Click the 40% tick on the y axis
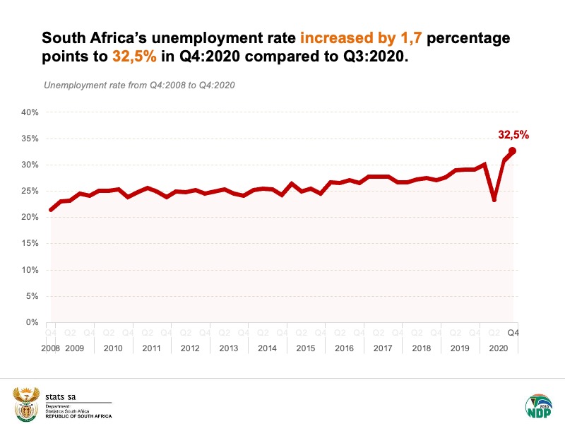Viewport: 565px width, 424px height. pyautogui.click(x=29, y=112)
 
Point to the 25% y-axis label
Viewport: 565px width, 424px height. pyautogui.click(x=29, y=191)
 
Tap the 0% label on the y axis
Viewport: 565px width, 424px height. pyautogui.click(x=32, y=322)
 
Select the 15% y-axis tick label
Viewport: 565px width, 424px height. pyautogui.click(x=29, y=244)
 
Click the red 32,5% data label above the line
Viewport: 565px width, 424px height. pyautogui.click(x=513, y=134)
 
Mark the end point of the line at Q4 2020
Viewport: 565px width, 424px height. pyautogui.click(x=512, y=151)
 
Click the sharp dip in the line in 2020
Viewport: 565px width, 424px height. pyautogui.click(x=494, y=199)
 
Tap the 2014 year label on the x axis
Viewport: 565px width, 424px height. pyautogui.click(x=267, y=348)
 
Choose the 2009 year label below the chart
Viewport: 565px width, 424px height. pyautogui.click(x=74, y=348)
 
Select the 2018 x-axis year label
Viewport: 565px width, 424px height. pyautogui.click(x=421, y=348)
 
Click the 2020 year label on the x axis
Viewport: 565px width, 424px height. pyautogui.click(x=498, y=348)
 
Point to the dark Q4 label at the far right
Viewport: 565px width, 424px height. pyautogui.click(x=513, y=333)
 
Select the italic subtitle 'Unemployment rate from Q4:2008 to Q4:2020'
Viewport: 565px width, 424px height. pyautogui.click(x=139, y=86)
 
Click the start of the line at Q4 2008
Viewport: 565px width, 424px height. pyautogui.click(x=50, y=210)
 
